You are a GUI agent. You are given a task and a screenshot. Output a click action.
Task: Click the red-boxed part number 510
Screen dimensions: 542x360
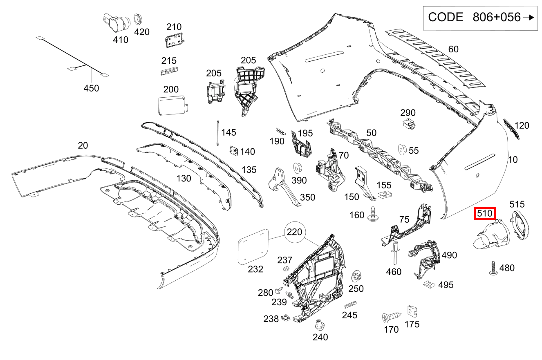point(485,213)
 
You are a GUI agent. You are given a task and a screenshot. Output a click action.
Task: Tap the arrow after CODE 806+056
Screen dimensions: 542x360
point(528,18)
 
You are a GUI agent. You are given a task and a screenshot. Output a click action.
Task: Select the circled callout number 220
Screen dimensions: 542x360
point(294,232)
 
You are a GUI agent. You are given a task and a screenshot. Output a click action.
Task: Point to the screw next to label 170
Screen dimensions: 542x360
point(392,317)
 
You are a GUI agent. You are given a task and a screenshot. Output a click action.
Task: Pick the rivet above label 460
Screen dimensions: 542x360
point(395,253)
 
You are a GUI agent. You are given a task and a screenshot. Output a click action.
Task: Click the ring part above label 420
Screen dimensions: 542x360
point(138,20)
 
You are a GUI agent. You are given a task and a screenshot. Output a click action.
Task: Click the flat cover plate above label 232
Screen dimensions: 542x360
point(253,247)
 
